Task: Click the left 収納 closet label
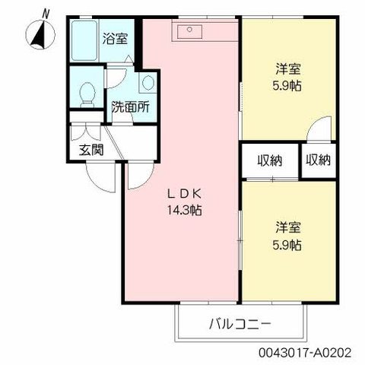pos(269,160)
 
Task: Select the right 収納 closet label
pos(319,160)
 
